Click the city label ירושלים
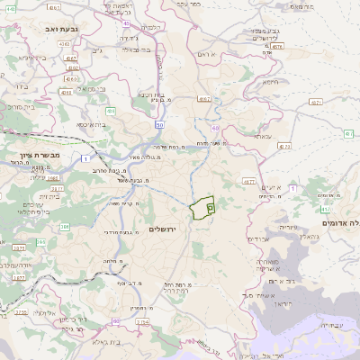coord(164,229)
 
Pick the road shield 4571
coord(315,103)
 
